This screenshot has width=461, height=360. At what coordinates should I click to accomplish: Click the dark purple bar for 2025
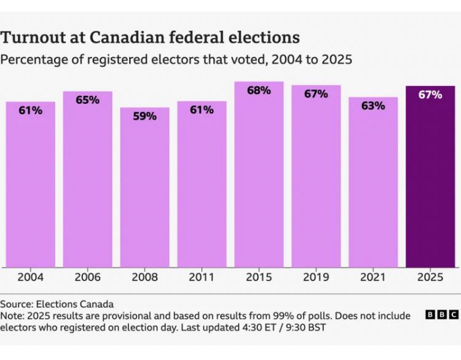430,178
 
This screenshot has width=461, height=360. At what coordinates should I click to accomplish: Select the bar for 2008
144,187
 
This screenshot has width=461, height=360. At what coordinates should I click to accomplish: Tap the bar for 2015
259,175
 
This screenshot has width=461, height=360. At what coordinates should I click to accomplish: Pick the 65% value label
87,100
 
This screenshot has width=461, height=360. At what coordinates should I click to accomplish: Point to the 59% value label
144,115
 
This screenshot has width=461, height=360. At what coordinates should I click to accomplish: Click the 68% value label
259,90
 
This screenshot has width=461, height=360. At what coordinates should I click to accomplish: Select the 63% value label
373,106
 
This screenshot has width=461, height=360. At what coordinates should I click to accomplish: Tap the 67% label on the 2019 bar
316,93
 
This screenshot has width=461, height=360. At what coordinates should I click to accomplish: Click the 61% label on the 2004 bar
30,110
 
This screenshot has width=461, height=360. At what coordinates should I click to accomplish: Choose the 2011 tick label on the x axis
202,278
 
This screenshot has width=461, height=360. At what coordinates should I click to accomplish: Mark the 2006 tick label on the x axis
87,278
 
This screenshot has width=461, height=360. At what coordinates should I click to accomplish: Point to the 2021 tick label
373,278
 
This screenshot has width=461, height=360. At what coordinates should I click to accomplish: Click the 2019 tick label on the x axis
316,278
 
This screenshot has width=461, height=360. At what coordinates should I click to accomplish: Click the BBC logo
441,315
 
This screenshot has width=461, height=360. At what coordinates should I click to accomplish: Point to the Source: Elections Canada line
49,304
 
